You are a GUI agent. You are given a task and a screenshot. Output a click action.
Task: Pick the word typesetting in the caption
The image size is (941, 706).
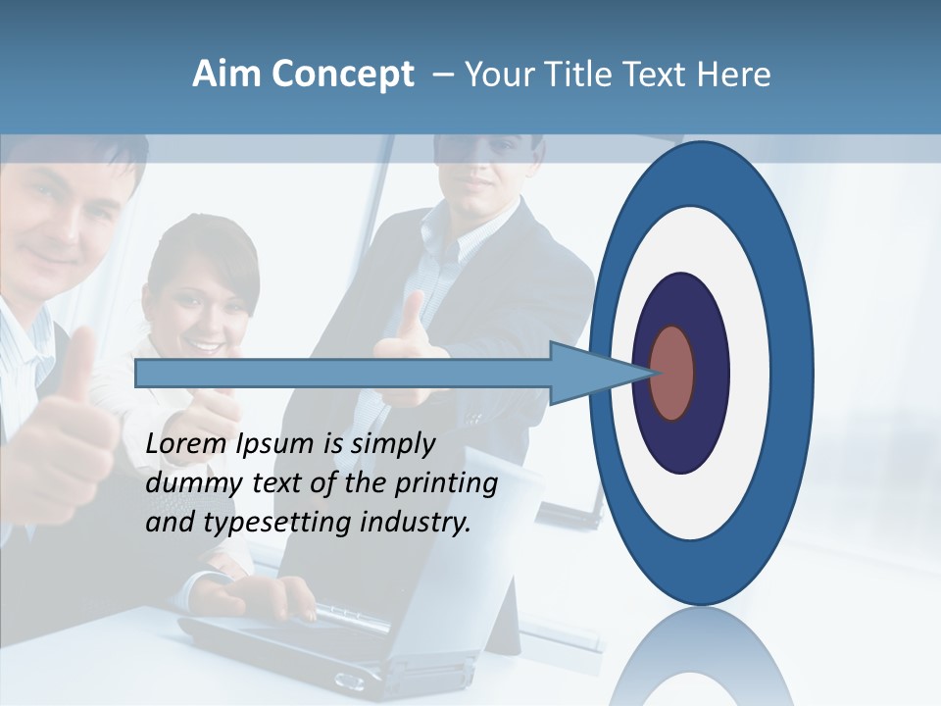click(278, 523)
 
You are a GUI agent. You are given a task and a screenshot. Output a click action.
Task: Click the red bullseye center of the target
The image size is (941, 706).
click(672, 373)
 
